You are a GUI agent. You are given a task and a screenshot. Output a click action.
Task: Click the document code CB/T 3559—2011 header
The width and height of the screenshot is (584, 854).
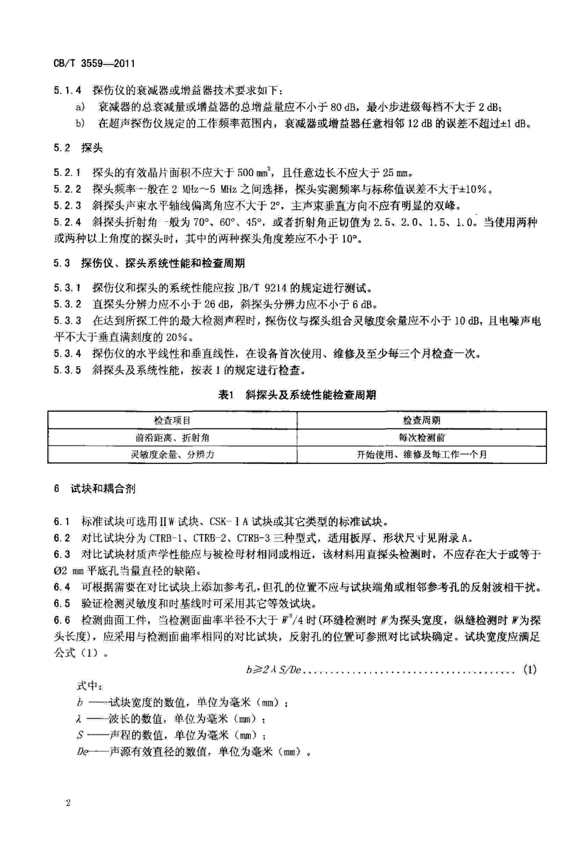(x=94, y=64)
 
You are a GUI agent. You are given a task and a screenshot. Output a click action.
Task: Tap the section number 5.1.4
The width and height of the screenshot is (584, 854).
(x=67, y=90)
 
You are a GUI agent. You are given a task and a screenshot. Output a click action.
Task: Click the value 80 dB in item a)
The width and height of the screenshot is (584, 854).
(x=343, y=107)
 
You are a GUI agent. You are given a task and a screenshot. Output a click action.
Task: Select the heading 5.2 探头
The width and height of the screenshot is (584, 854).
(x=78, y=148)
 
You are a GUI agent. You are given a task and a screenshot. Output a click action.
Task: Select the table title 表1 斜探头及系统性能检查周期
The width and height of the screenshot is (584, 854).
(x=297, y=395)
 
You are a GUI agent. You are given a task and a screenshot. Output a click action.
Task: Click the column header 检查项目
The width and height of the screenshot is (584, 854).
(x=172, y=420)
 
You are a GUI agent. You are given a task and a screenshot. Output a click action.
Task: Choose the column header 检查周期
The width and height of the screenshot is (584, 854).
(x=421, y=420)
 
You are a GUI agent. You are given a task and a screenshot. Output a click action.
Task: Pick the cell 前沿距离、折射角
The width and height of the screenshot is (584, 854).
(x=172, y=437)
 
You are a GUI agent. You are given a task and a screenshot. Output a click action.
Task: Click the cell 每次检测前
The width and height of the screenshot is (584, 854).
(x=421, y=437)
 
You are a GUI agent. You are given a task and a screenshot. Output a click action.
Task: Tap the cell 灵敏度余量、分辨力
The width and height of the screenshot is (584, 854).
(x=172, y=455)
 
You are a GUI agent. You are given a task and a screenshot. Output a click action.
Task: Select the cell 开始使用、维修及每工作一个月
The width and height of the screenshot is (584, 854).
(x=421, y=455)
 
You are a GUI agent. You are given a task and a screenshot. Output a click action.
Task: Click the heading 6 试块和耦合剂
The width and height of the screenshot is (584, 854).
(x=95, y=489)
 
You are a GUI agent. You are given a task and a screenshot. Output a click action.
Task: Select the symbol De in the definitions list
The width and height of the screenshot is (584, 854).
(x=83, y=752)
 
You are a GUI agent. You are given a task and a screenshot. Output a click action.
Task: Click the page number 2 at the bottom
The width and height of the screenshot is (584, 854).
(x=68, y=813)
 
